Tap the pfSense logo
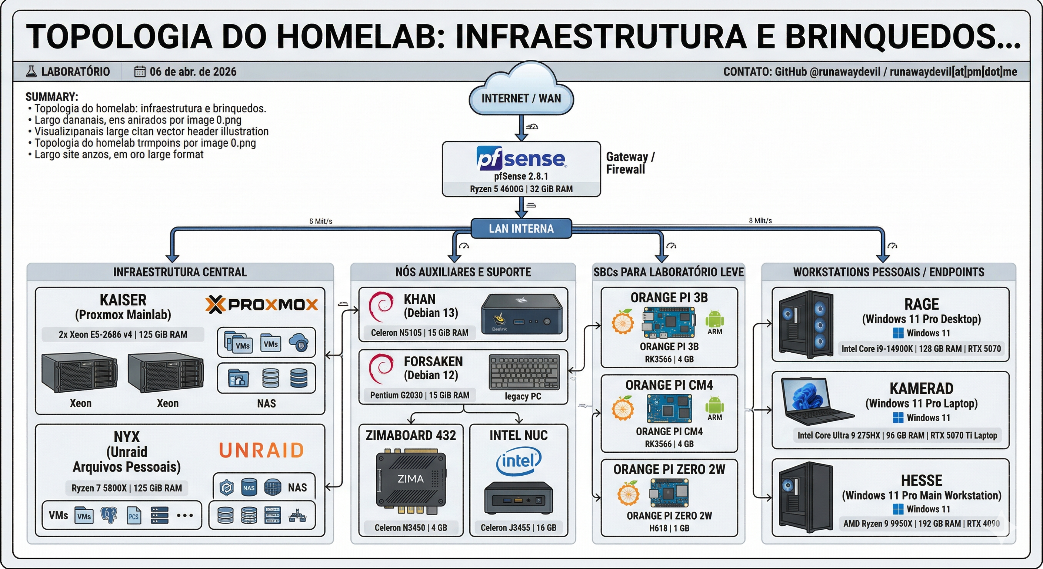click(x=521, y=159)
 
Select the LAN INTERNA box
click(x=521, y=229)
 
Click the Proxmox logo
click(x=261, y=305)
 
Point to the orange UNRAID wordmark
click(x=261, y=450)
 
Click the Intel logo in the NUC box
click(x=519, y=461)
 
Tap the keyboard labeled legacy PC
click(x=524, y=372)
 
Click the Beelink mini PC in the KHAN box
click(x=521, y=314)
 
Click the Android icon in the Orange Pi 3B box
click(x=714, y=319)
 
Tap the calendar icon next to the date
click(x=140, y=72)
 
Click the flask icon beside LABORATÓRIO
click(x=31, y=72)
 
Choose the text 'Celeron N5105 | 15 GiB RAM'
click(x=420, y=333)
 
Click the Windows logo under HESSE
click(x=898, y=509)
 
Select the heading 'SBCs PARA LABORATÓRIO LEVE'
click(x=669, y=272)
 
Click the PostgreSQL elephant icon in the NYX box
click(x=109, y=515)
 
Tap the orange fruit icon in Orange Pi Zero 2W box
click(x=628, y=493)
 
